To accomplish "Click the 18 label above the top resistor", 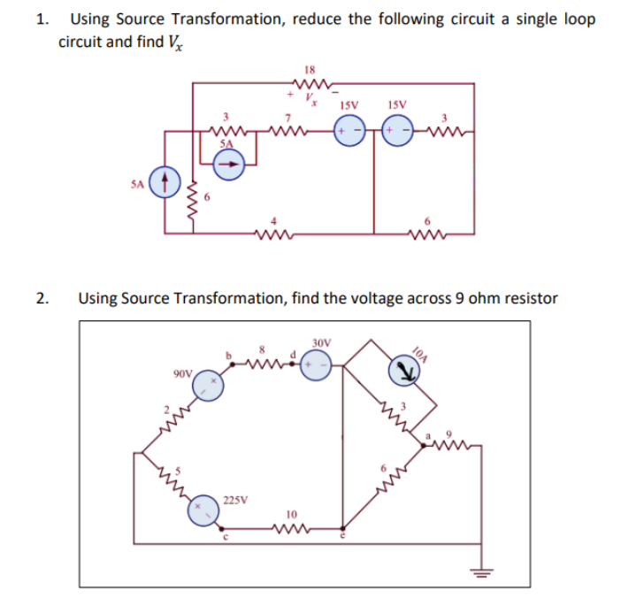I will pyautogui.click(x=310, y=69).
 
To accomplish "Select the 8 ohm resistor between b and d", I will pyautogui.click(x=262, y=363).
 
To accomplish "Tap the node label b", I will pyautogui.click(x=232, y=356).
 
